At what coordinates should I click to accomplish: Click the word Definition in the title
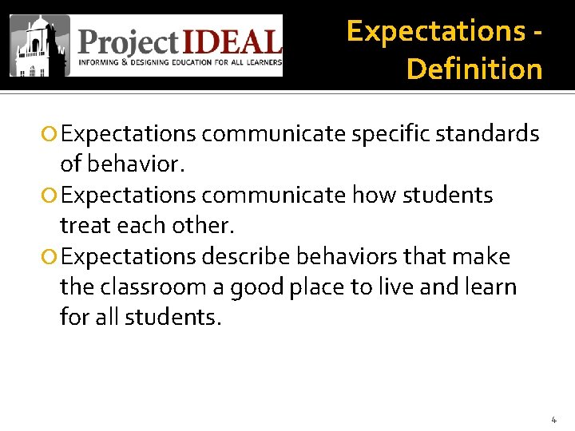coord(474,69)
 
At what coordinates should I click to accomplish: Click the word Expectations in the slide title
coord(434,31)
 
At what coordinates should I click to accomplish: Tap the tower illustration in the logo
coord(39,45)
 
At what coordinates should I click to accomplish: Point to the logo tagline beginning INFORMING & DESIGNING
coord(180,62)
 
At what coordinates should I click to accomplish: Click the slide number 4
coord(553,419)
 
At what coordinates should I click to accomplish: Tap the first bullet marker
coord(50,134)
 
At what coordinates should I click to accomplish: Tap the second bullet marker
coord(50,196)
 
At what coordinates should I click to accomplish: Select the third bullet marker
coord(50,257)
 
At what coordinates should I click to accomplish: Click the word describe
coord(246,257)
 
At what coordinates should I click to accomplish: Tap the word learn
coord(489,287)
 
